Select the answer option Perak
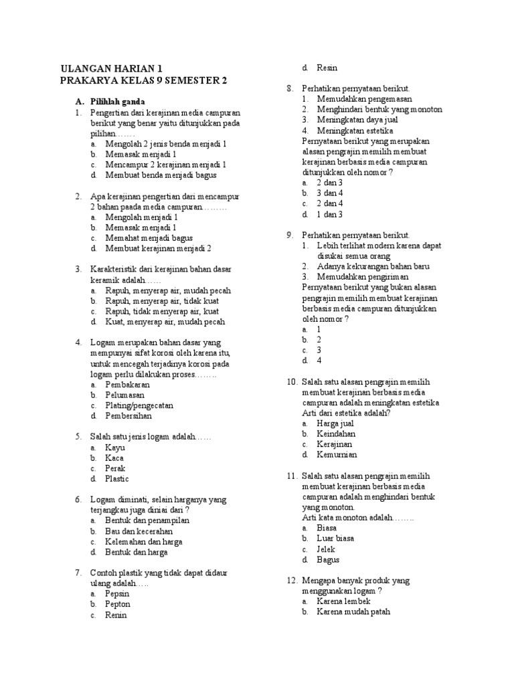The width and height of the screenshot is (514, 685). tap(115, 468)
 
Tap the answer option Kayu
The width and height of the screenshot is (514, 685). tap(115, 447)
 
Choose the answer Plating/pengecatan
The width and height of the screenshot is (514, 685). tap(139, 405)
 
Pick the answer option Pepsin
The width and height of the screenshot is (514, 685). tap(117, 593)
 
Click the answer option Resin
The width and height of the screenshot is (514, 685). tap(327, 68)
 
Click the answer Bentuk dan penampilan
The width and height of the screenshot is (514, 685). tap(147, 520)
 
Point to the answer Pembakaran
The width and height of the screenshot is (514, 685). tap(127, 385)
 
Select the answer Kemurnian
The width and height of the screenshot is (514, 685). tap(337, 454)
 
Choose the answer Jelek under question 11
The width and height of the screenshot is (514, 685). tap(326, 549)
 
